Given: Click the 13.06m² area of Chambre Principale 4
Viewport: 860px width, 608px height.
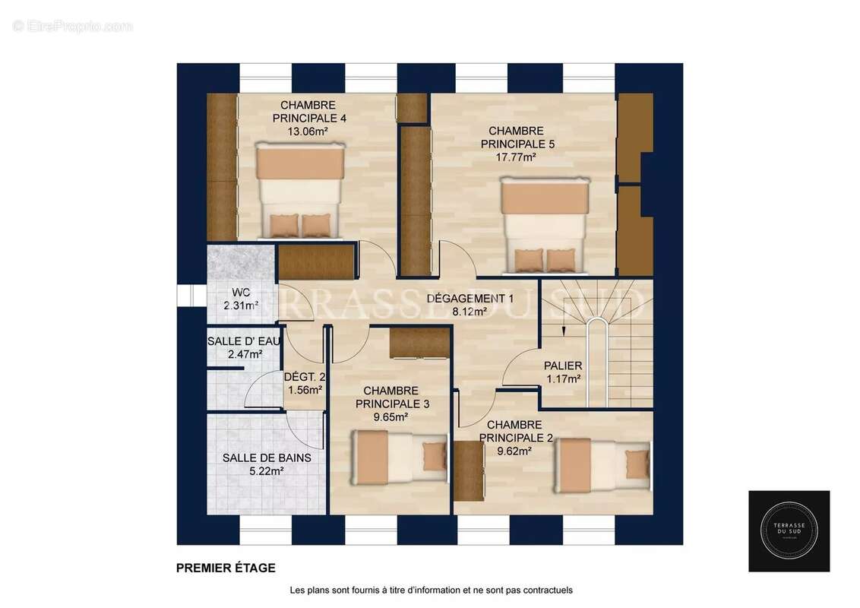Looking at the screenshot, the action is tap(308, 131).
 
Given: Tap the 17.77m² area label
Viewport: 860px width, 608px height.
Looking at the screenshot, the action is tap(516, 157).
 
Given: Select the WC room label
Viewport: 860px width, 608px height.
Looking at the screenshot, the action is tap(241, 293).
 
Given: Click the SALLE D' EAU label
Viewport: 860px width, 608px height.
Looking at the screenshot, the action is tap(244, 341).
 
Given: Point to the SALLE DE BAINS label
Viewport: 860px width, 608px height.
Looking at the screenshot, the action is tap(267, 458).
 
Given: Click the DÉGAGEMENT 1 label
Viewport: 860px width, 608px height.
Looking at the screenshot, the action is tap(470, 299).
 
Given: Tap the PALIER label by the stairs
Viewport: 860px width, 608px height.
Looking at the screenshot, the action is tap(563, 366).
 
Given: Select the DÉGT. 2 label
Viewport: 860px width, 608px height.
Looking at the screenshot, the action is tap(305, 377).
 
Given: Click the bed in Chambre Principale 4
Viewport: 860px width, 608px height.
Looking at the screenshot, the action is tap(300, 191).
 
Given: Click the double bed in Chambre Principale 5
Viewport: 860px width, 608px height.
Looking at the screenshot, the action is tap(545, 224).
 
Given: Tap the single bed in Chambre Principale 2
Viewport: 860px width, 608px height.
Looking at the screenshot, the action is tap(603, 465).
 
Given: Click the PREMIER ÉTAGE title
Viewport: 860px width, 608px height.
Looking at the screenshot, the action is tap(226, 568).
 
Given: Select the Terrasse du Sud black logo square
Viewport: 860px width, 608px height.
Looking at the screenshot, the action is tap(789, 531).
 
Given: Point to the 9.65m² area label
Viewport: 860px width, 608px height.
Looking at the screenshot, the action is tap(390, 417).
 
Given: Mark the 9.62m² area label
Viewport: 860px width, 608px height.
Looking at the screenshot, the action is tap(514, 451).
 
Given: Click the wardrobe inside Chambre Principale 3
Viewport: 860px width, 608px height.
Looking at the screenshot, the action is tap(419, 344).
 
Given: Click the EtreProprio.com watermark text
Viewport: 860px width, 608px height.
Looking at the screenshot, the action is tap(72, 27).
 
